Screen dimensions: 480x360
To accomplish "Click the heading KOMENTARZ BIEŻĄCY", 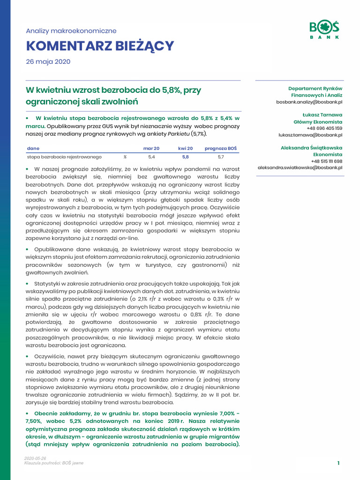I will [100, 46].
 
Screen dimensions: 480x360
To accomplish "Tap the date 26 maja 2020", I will [48, 62].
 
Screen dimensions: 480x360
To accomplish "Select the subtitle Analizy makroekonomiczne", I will [71, 31].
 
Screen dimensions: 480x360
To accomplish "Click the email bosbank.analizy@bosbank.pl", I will [309, 102].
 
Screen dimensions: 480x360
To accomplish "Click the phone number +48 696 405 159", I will [324, 128].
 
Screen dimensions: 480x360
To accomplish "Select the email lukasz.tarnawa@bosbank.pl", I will [310, 135].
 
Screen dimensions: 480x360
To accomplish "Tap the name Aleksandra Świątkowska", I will [311, 148].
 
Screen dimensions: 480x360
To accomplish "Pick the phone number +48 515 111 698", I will [326, 161].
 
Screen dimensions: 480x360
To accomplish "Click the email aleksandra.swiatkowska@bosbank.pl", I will [300, 167].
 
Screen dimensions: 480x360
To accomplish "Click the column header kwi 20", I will [186, 149].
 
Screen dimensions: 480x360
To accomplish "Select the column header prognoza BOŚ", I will [221, 149].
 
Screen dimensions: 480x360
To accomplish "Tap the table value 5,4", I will [151, 157].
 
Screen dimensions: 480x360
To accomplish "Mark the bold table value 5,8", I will [186, 157].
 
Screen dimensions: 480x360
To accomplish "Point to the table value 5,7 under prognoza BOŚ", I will [221, 157].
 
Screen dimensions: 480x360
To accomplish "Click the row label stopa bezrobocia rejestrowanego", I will [64, 157].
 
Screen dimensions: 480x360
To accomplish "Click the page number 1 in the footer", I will [338, 463].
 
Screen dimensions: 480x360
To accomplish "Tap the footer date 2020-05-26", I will [35, 458].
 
